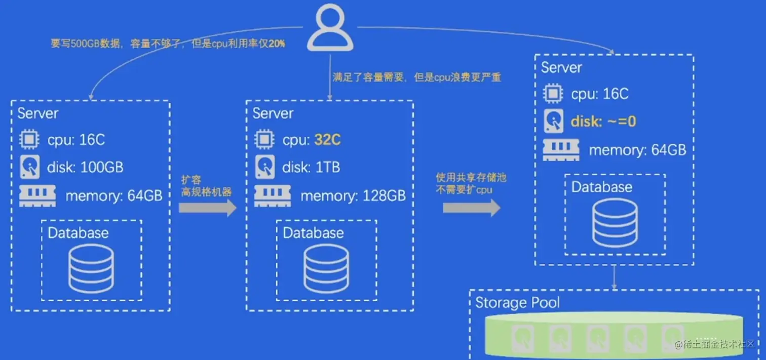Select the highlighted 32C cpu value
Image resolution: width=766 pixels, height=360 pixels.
click(x=327, y=140)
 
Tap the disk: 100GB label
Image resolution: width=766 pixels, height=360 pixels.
click(x=86, y=167)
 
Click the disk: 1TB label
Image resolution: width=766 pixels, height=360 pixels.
click(x=311, y=167)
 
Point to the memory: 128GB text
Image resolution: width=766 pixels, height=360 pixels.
click(x=353, y=195)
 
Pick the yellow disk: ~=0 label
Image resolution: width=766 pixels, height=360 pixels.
click(x=603, y=122)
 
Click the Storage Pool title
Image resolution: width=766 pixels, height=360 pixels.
click(x=517, y=303)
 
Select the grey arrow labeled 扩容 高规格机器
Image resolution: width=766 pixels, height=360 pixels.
click(x=208, y=208)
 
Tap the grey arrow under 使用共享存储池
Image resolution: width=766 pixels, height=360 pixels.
click(x=472, y=208)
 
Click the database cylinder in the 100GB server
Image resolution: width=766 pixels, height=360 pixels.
click(x=91, y=270)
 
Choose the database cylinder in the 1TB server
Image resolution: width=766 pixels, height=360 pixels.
click(x=326, y=270)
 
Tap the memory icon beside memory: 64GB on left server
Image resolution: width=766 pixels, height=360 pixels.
click(x=37, y=195)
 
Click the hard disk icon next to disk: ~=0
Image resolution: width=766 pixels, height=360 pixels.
click(x=553, y=122)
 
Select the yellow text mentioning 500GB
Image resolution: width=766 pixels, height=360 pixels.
click(x=168, y=44)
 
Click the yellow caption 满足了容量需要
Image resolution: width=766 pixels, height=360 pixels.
click(x=416, y=77)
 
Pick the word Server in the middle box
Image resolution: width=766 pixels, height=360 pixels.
click(x=273, y=113)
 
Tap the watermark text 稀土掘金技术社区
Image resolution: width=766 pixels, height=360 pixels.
click(x=719, y=345)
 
